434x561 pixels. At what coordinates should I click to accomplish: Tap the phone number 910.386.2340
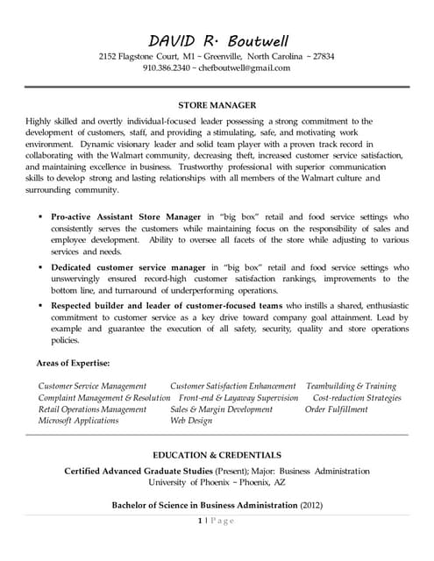(167, 67)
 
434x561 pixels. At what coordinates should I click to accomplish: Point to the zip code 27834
(317, 56)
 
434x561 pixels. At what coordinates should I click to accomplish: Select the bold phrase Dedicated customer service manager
(125, 266)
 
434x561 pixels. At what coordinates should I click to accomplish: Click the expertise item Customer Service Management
(92, 386)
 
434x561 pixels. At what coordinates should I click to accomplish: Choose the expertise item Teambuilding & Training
(352, 386)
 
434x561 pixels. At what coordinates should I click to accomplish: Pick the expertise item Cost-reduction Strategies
(356, 397)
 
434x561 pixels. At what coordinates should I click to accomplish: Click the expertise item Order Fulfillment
(337, 408)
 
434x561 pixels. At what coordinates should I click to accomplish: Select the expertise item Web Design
(191, 420)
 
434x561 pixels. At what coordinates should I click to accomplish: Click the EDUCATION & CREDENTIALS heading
(217, 455)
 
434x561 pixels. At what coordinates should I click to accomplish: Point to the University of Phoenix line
(217, 482)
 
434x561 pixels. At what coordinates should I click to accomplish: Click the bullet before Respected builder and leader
(40, 304)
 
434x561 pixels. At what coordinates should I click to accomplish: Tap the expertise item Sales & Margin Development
(221, 408)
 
